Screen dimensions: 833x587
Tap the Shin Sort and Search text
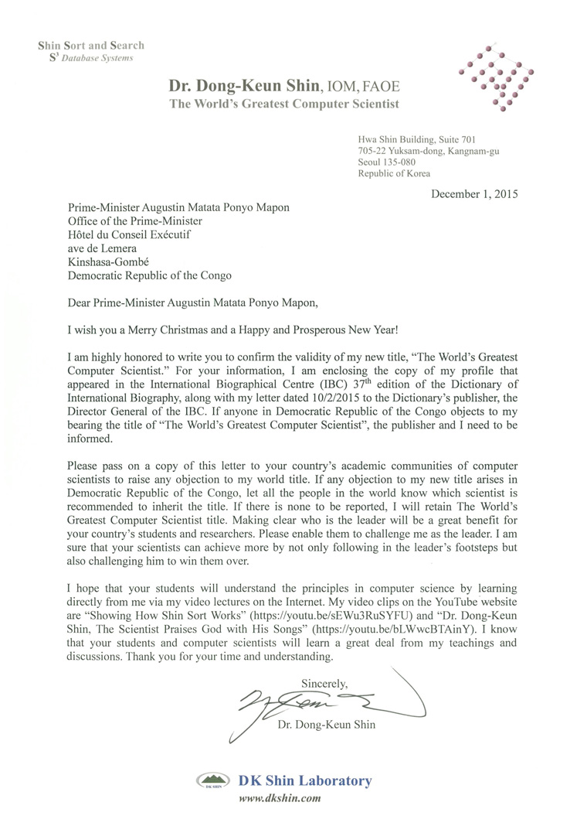pyautogui.click(x=91, y=46)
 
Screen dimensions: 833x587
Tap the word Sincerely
pyautogui.click(x=324, y=682)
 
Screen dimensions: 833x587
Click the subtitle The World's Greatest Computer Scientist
pyautogui.click(x=284, y=104)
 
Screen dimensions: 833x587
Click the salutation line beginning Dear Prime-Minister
pyautogui.click(x=204, y=302)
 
